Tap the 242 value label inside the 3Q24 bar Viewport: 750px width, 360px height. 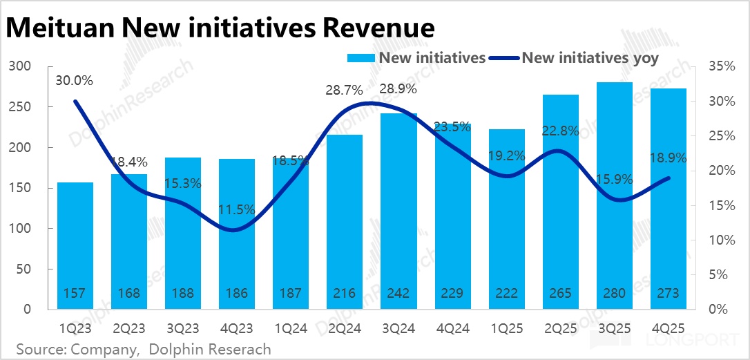coord(398,294)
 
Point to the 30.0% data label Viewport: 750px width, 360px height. coord(75,81)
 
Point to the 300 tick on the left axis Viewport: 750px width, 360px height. coord(22,66)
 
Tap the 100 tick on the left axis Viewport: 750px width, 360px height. coord(22,229)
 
